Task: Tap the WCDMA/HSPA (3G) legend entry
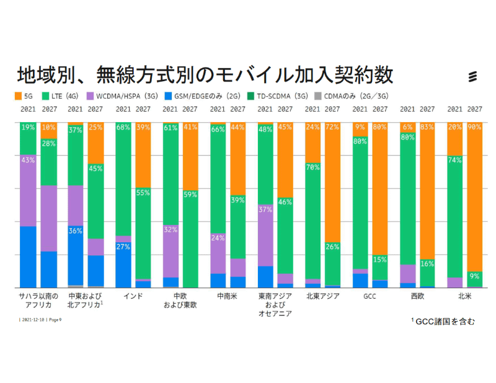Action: click(x=118, y=96)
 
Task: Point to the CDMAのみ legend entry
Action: click(x=351, y=96)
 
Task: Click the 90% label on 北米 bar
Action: click(x=474, y=127)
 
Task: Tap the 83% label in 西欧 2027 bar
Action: click(x=427, y=127)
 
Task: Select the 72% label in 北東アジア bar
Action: click(x=332, y=127)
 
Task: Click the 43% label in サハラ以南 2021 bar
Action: click(x=28, y=159)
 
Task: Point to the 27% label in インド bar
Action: click(x=123, y=247)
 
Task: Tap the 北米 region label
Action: click(x=464, y=296)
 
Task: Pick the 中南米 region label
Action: click(x=228, y=296)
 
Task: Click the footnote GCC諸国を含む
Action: click(x=443, y=321)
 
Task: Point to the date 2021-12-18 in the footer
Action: click(x=32, y=320)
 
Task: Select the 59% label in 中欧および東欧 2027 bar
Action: click(x=190, y=195)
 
